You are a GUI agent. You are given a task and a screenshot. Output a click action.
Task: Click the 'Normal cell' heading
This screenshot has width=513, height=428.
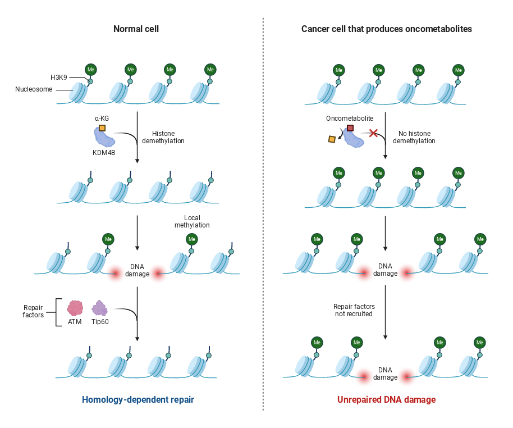(136, 29)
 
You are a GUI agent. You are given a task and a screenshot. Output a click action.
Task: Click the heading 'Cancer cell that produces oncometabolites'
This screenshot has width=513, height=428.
(386, 29)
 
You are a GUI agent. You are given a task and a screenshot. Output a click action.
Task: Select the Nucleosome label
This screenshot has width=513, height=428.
(35, 89)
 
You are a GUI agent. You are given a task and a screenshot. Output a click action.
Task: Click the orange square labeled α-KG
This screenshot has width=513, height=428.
(102, 128)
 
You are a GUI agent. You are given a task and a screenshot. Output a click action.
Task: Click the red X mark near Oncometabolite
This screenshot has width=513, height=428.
(373, 133)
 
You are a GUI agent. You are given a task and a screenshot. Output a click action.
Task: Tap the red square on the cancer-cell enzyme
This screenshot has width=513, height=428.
(350, 128)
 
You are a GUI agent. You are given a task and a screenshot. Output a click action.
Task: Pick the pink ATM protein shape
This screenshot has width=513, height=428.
(75, 308)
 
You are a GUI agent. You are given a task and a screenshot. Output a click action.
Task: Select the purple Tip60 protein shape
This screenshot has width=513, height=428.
(100, 308)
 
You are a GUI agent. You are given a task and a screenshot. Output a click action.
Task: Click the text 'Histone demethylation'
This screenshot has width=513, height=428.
(167, 137)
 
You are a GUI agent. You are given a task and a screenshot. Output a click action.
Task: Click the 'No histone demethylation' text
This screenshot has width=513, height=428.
(414, 137)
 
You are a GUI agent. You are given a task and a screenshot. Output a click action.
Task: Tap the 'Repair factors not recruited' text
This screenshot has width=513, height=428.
(354, 310)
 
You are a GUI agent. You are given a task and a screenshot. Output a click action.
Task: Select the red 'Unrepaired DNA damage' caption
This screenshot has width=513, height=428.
(386, 400)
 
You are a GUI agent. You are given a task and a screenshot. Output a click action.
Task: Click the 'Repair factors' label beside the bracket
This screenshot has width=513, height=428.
(34, 311)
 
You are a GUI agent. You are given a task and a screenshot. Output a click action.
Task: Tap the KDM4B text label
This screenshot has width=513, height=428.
(104, 152)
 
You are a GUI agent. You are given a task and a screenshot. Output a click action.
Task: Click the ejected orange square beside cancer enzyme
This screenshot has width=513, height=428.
(332, 139)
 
